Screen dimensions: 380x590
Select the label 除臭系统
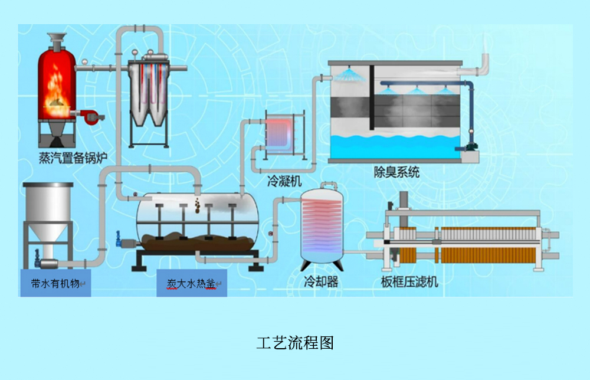[396, 173]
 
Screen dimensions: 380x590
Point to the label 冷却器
[321, 282]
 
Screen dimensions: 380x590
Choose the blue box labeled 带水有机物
[57, 283]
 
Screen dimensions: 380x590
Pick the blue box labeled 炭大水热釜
[192, 283]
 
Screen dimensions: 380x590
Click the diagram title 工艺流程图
[295, 343]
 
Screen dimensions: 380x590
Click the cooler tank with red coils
[322, 227]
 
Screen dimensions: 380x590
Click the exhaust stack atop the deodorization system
[484, 59]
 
